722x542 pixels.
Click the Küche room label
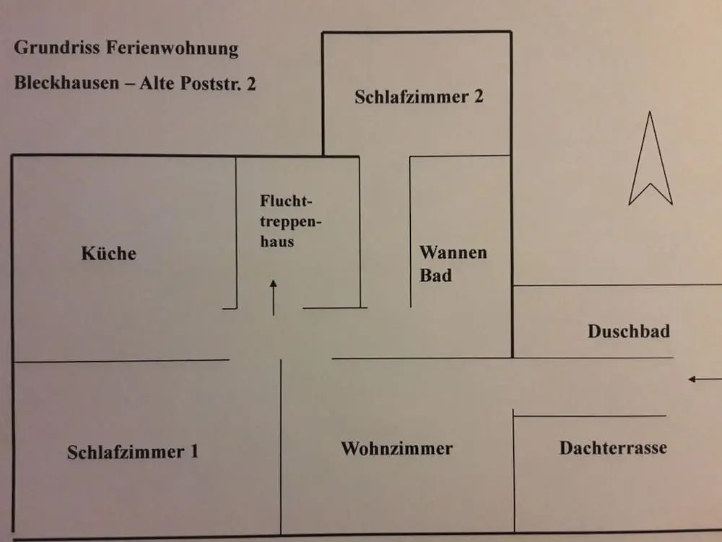tap(109, 253)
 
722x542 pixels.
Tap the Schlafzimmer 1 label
tap(133, 452)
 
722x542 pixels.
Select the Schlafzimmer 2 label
tap(419, 97)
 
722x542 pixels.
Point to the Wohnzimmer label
tap(396, 449)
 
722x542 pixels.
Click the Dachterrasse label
tap(613, 448)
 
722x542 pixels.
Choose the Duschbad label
tap(629, 332)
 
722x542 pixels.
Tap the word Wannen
tap(453, 252)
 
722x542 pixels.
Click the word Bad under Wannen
tap(435, 275)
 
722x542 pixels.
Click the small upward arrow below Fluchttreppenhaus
tap(274, 298)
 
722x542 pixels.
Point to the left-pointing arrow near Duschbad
tap(705, 379)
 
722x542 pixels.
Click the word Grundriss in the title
tap(56, 48)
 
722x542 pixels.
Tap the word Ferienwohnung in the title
tap(173, 48)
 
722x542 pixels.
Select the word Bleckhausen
tap(66, 83)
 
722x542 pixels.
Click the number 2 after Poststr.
tap(251, 84)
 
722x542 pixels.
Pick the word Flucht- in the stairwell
tap(286, 201)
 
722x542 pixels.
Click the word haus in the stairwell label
tap(277, 241)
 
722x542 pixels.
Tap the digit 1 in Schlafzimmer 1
tap(194, 451)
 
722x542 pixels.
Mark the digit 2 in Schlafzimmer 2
tap(479, 96)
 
